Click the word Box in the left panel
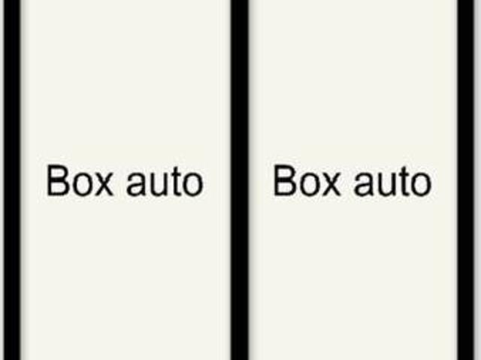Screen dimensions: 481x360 point(80,180)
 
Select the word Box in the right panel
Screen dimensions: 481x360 point(307,180)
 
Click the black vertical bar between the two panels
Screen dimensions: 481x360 point(240,180)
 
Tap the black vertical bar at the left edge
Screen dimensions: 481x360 point(12,180)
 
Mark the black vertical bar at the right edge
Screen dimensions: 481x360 point(466,180)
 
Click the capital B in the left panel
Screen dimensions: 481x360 point(57,180)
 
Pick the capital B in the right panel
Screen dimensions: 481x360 point(284,180)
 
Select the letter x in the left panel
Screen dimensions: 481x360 point(103,184)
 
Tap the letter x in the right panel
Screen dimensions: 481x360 point(331,184)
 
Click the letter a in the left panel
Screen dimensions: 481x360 point(136,184)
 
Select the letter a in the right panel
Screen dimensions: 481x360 point(363,184)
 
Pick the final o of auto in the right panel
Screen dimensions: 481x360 point(421,184)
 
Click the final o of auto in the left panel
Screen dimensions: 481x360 point(193,184)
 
